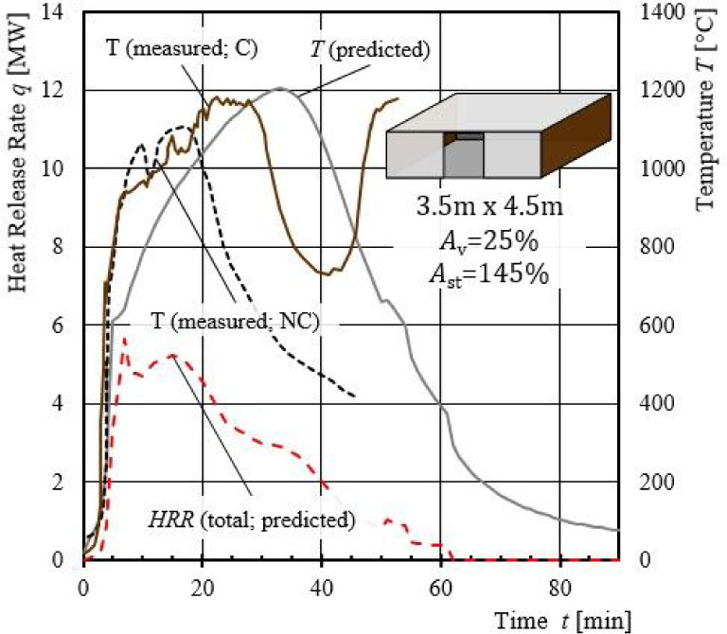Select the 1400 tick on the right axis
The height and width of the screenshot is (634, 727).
(654, 12)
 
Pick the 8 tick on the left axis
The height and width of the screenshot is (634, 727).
(65, 247)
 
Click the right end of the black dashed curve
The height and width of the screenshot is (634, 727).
(355, 396)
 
